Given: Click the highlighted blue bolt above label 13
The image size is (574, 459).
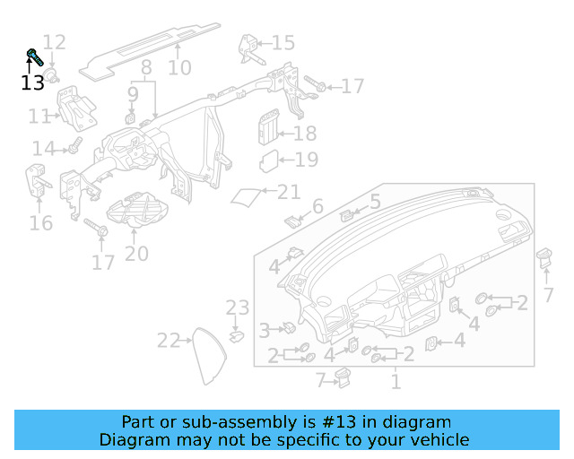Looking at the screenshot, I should pyautogui.click(x=35, y=58).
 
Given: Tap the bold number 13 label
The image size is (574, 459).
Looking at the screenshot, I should pyautogui.click(x=32, y=83).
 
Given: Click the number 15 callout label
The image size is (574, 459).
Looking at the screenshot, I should pyautogui.click(x=283, y=43).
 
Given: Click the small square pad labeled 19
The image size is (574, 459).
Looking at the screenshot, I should pyautogui.click(x=268, y=161).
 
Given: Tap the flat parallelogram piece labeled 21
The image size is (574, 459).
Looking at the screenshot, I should pyautogui.click(x=248, y=196).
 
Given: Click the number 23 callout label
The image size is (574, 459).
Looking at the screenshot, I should pyautogui.click(x=237, y=308).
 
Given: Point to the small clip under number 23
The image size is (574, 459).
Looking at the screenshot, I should pyautogui.click(x=237, y=336).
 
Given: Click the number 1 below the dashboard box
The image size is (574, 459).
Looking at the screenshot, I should pyautogui.click(x=395, y=383).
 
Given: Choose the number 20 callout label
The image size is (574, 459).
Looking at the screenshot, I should pyautogui.click(x=136, y=255).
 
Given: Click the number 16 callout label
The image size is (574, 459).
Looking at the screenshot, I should pyautogui.click(x=41, y=222).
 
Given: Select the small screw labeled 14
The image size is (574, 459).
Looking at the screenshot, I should pyautogui.click(x=75, y=143).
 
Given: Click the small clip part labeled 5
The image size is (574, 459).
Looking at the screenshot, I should pyautogui.click(x=348, y=213).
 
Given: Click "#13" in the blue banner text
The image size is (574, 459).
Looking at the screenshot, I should pyautogui.click(x=371, y=422).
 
